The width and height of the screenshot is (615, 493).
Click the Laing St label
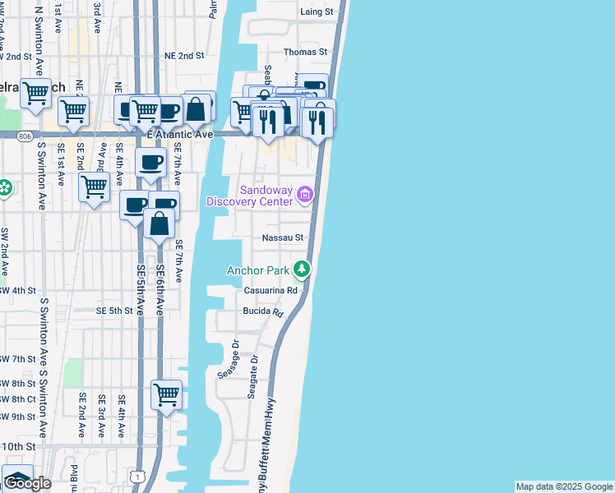(317, 12)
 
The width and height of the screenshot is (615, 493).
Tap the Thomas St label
(306, 52)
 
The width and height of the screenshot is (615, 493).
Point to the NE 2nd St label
(183, 55)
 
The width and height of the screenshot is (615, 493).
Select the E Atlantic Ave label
(179, 134)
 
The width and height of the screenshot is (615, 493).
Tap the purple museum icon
(305, 195)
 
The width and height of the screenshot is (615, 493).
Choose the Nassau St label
(283, 237)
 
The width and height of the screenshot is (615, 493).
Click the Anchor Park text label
(257, 270)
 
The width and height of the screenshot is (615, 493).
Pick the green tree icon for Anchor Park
(303, 269)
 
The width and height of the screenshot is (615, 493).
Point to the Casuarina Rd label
(275, 291)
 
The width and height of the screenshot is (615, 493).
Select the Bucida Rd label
(262, 313)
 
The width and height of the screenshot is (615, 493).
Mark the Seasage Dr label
(228, 360)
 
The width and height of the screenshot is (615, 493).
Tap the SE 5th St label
(114, 311)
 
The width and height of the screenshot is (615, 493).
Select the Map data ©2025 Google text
(564, 486)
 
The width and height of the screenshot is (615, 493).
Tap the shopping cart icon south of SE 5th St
(166, 395)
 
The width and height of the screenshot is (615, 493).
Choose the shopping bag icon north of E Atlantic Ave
(198, 107)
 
